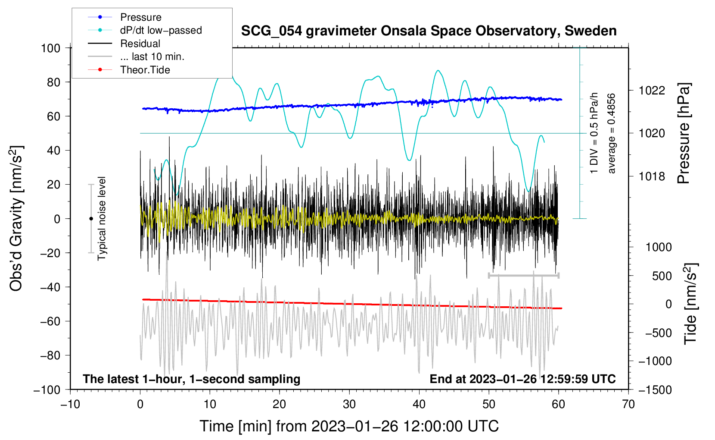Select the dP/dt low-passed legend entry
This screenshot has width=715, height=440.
click(x=161, y=30)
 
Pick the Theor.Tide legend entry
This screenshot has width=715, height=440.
click(x=145, y=70)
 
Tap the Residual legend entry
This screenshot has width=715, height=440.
click(x=140, y=44)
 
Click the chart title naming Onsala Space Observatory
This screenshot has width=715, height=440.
click(x=429, y=31)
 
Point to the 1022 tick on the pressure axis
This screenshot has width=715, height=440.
click(x=652, y=91)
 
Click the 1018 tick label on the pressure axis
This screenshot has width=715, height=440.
click(x=652, y=176)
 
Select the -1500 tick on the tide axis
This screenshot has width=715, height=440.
click(x=655, y=390)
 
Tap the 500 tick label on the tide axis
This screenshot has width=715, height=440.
click(x=662, y=276)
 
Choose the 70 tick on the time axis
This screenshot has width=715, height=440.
click(x=628, y=404)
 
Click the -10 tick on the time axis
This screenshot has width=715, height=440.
click(x=70, y=404)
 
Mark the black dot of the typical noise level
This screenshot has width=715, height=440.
click(x=91, y=219)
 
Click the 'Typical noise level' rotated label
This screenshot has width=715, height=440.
click(x=102, y=219)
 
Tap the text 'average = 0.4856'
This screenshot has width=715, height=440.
click(x=612, y=133)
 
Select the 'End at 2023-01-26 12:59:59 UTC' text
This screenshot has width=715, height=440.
click(x=522, y=379)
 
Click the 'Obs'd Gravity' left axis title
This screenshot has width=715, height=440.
click(x=16, y=219)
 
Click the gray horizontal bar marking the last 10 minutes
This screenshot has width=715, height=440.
click(x=523, y=275)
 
